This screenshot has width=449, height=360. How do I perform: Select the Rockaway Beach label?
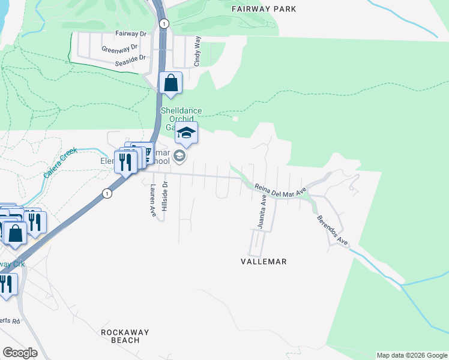125,336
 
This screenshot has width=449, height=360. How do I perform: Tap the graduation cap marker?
187,133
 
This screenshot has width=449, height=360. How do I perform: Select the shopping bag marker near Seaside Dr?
171,83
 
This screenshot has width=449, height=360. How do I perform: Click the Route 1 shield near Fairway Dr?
164,23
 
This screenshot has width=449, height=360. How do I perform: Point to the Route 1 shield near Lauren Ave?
106,193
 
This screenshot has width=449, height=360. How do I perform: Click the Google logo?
20,353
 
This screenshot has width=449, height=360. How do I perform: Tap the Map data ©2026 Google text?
411,355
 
